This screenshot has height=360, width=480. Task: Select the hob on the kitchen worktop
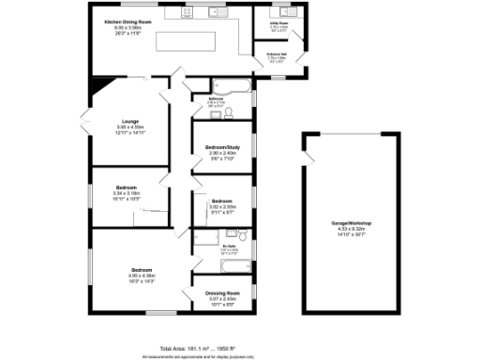[174, 14]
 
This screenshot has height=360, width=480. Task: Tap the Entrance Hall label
[277, 55]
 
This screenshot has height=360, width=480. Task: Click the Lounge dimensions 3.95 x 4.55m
[130, 127]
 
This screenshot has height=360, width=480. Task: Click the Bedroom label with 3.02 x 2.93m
[222, 202]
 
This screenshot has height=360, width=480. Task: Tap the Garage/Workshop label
[352, 222]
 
